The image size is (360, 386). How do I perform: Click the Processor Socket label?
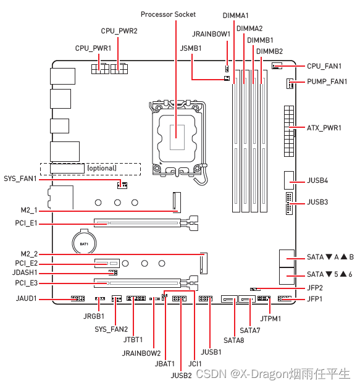click(168, 15)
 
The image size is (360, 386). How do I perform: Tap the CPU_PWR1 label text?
click(93, 48)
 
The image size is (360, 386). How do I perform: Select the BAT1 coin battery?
click(84, 242)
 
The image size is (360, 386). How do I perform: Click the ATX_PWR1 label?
click(324, 128)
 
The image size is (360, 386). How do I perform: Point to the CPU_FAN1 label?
click(324, 66)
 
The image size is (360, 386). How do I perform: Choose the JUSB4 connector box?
click(289, 180)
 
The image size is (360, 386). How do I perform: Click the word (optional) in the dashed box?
click(102, 168)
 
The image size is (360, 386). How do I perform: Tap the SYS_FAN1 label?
click(20, 178)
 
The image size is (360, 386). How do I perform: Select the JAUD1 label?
click(27, 298)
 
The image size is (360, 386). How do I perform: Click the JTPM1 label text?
click(270, 319)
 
